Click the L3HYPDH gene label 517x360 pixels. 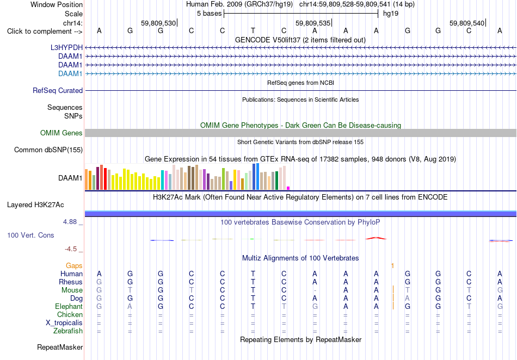(x=66, y=47)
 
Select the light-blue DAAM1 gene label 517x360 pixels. (x=70, y=73)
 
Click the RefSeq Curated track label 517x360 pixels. (x=58, y=91)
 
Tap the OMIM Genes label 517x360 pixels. (x=61, y=133)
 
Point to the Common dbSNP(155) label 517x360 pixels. (x=48, y=150)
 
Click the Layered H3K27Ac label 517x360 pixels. (x=35, y=205)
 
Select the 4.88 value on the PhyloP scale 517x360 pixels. (x=70, y=222)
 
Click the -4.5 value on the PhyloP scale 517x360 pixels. (x=71, y=249)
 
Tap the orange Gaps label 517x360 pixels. (x=74, y=265)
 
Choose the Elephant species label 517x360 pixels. (x=69, y=307)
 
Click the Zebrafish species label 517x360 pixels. (x=68, y=331)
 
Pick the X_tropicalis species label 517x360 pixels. (x=64, y=323)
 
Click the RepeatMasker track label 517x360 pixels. (x=60, y=347)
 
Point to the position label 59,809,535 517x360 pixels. (x=312, y=23)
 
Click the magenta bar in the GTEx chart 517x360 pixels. (x=288, y=188)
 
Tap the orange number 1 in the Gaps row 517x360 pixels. (x=392, y=265)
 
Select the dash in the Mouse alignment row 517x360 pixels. (x=315, y=290)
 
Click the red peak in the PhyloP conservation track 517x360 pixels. (x=376, y=238)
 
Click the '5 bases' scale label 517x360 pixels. (x=210, y=14)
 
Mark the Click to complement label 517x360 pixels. (x=45, y=32)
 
